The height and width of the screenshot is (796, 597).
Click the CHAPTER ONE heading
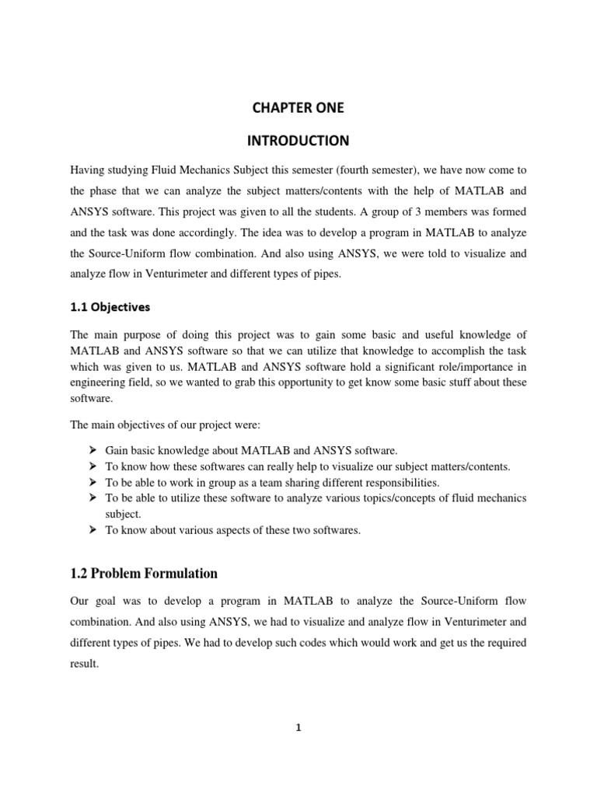(x=298, y=109)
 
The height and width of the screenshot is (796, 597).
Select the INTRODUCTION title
(x=298, y=141)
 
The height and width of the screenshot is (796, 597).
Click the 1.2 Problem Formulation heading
(x=144, y=574)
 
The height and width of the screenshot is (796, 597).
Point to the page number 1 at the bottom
(x=298, y=728)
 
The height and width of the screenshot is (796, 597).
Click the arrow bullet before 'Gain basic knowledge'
(x=93, y=451)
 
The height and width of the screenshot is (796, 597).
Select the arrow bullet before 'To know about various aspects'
(x=93, y=530)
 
